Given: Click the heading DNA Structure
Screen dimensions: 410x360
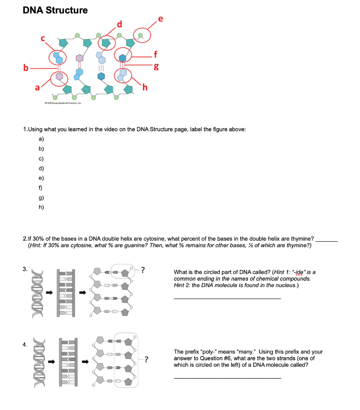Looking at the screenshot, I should [55, 10].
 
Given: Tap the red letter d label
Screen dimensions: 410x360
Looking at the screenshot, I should [119, 26].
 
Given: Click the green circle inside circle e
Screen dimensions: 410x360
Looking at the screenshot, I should [140, 35].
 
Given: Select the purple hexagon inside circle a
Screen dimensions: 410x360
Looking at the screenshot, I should [59, 76].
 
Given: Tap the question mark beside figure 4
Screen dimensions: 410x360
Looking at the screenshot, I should [147, 359].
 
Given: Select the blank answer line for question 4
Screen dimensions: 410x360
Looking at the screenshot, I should [227, 378].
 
